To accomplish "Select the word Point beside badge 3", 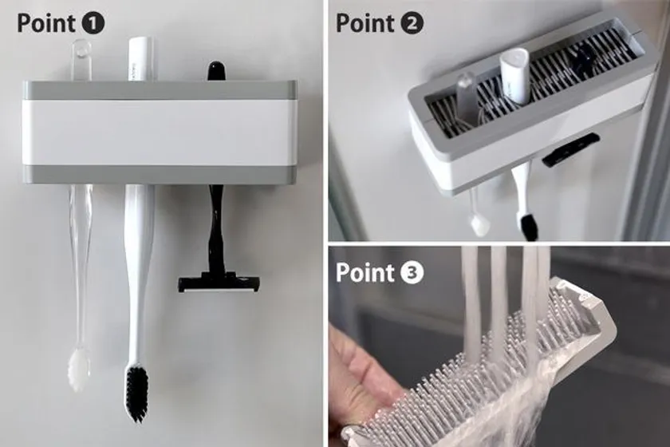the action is [365, 273].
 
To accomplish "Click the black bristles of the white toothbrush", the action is [136, 391].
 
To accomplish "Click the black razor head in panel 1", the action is [219, 284].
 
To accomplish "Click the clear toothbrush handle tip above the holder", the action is [81, 60].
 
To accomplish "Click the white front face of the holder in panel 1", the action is [159, 133].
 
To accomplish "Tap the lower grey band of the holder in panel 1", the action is [159, 175].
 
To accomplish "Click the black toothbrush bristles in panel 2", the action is [528, 226].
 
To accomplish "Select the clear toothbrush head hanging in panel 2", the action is [479, 223].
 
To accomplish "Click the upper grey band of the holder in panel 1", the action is [159, 90].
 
